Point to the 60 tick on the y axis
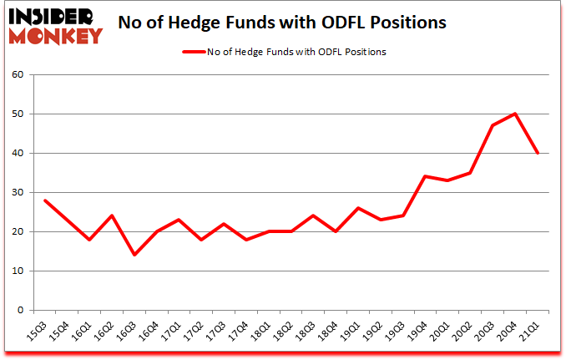18,75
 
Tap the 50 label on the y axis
18,114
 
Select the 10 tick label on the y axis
18,271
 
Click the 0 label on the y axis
21,311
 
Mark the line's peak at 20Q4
515,114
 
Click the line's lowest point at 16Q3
134,255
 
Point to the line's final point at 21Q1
538,153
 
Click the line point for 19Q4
424,176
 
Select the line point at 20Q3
493,125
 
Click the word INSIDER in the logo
51,17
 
